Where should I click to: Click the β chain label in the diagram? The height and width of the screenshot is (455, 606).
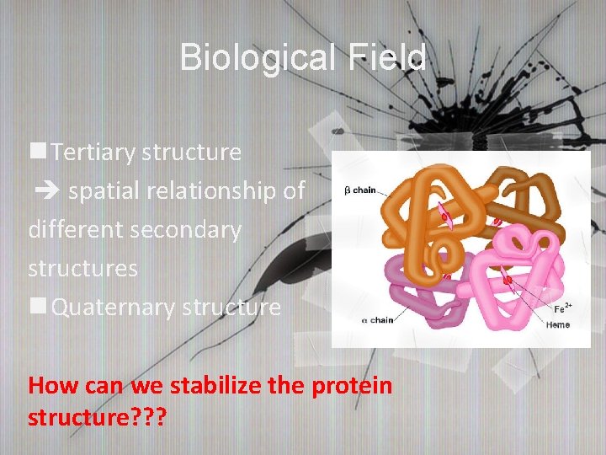pos(360,190)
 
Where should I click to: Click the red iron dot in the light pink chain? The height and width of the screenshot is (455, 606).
pos(508,277)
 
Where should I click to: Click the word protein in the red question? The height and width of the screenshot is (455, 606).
pos(353,386)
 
